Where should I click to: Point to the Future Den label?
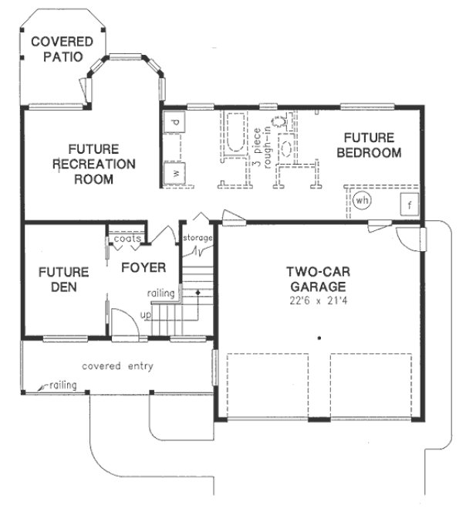(x=63, y=280)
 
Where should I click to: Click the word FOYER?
(x=143, y=268)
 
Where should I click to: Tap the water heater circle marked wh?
(x=362, y=201)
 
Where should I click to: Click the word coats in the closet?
(x=127, y=239)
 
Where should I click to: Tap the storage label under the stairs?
(x=198, y=237)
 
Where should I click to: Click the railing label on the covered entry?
(x=63, y=384)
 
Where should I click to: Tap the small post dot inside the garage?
(x=317, y=338)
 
